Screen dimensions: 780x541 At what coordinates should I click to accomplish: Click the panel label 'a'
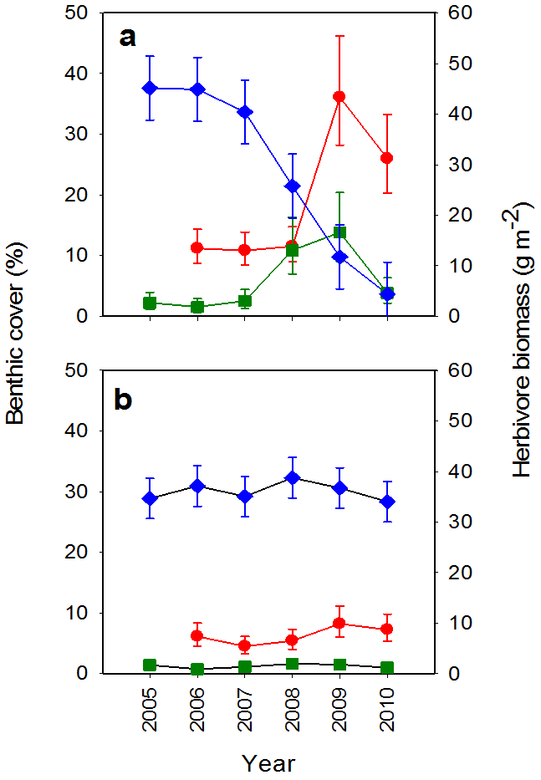point(127,38)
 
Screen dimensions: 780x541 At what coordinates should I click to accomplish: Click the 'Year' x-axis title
point(268,762)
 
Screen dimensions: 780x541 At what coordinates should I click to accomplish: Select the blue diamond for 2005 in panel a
point(151,88)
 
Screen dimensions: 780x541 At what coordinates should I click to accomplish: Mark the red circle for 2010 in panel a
point(387,158)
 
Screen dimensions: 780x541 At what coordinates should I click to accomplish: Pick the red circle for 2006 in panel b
point(197,635)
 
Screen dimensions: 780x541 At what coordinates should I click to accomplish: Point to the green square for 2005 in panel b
point(151,665)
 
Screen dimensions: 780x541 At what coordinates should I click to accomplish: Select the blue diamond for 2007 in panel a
point(245,112)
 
